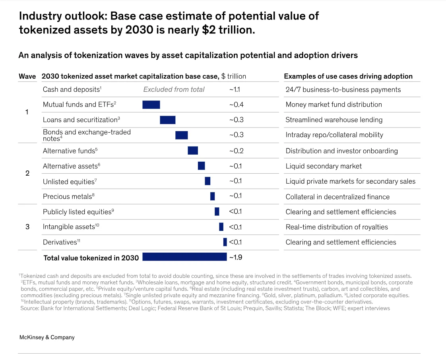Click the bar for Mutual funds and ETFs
coord(151,105)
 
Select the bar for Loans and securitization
coord(167,120)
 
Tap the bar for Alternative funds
coord(193,151)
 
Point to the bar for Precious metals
coord(212,196)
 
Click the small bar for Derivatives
coord(225,242)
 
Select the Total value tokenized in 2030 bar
coord(184,257)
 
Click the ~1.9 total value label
coord(236,257)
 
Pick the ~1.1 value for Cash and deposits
coord(235,89)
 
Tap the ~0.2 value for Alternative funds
coord(236,151)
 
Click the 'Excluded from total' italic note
coord(174,89)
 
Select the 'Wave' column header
coord(27,76)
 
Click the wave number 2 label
coord(27,173)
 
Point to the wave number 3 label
coord(27,227)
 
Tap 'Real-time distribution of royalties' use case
coord(337,227)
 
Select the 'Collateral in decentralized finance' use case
coord(337,197)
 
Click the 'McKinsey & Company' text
coord(47,337)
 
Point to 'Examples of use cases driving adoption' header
coord(348,76)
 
